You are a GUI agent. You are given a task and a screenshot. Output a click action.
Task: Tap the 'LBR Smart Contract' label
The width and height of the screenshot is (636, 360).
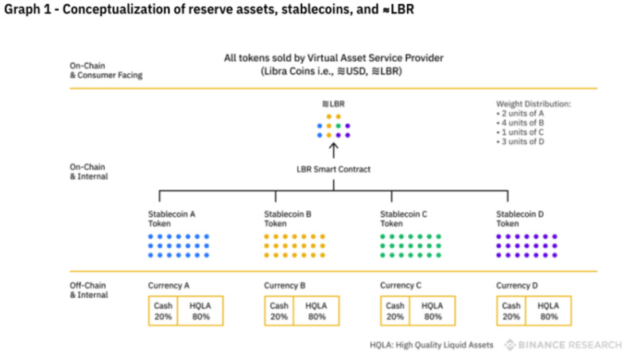pyautogui.click(x=333, y=169)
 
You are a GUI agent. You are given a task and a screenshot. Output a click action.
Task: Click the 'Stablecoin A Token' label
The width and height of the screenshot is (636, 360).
pyautogui.click(x=172, y=219)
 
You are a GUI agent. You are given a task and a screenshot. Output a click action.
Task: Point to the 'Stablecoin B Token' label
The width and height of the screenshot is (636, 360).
pyautogui.click(x=288, y=219)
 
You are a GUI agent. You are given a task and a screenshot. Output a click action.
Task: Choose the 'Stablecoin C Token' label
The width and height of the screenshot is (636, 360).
pyautogui.click(x=404, y=219)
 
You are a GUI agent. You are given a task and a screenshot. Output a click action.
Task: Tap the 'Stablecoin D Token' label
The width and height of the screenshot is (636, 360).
pyautogui.click(x=520, y=219)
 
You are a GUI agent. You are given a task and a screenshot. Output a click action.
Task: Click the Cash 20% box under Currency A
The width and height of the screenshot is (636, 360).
pyautogui.click(x=163, y=311)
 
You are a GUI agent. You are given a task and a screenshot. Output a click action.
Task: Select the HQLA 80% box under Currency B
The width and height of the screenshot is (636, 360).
pyautogui.click(x=316, y=311)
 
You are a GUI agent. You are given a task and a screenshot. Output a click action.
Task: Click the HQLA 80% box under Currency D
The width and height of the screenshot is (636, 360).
pyautogui.click(x=548, y=311)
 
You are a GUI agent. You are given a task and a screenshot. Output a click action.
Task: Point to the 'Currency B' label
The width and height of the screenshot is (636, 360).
pyautogui.click(x=285, y=285)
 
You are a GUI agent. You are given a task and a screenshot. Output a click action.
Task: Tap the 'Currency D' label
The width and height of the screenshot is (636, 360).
pyautogui.click(x=517, y=285)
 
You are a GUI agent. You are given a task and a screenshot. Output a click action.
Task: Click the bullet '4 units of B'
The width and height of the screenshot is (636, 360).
pyautogui.click(x=522, y=123)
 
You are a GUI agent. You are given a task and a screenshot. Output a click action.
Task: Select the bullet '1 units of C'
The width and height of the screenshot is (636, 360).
pyautogui.click(x=522, y=133)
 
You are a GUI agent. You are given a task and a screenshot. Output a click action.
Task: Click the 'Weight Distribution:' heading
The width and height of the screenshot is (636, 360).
pyautogui.click(x=533, y=104)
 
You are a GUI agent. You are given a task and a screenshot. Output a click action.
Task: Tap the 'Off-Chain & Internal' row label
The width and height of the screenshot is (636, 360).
pyautogui.click(x=88, y=289)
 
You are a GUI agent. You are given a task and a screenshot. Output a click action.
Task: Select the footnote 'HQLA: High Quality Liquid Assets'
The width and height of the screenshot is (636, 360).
pyautogui.click(x=431, y=345)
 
